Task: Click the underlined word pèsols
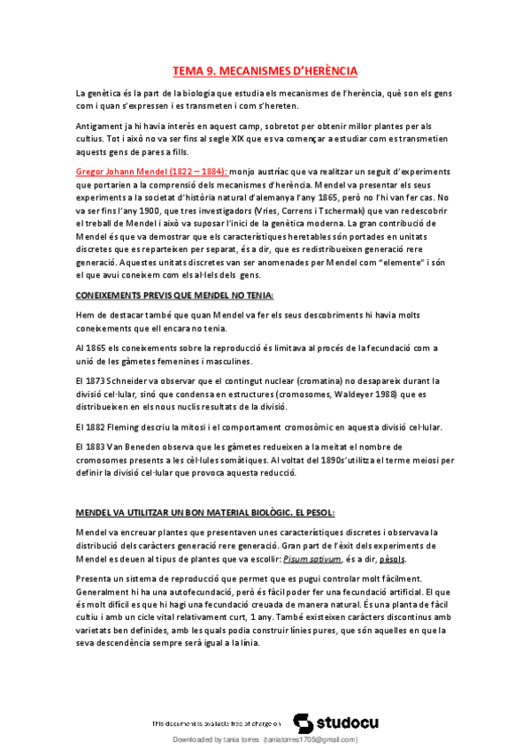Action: [x=393, y=560]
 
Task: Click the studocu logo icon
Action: [x=302, y=722]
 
